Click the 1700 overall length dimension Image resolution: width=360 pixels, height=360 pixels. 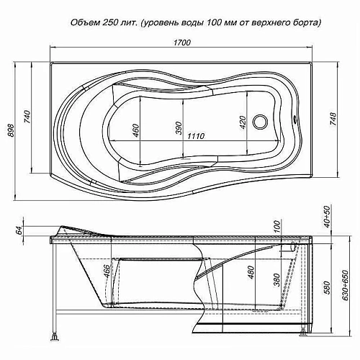tap(182, 42)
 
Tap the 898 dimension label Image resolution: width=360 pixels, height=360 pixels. tap(11, 130)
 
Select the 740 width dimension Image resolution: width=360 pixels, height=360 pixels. tap(27, 117)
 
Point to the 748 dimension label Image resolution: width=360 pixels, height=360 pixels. tap(333, 119)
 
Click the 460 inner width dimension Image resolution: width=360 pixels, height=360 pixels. tap(135, 131)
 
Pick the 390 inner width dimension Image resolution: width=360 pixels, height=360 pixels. tap(179, 128)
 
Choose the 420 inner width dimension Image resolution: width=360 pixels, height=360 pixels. tap(243, 122)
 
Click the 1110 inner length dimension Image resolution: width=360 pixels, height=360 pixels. tap(196, 136)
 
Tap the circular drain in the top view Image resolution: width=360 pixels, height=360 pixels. tap(261, 122)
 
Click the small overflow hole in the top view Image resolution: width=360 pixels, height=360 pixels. tap(294, 118)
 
